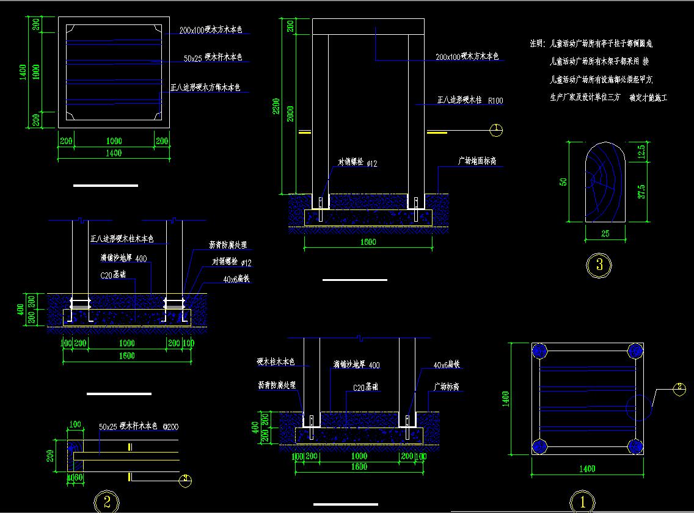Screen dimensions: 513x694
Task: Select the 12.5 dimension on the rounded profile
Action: point(640,150)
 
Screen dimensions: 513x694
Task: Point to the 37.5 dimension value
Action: point(640,191)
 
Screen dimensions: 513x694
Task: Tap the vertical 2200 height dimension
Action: point(276,110)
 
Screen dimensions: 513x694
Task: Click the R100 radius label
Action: point(495,101)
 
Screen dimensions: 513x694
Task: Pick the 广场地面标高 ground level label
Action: point(477,162)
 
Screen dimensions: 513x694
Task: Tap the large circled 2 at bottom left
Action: point(106,502)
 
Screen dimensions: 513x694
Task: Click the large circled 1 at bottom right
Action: point(581,503)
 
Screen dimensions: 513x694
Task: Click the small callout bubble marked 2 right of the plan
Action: point(679,388)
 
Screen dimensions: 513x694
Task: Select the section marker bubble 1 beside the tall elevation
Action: point(497,129)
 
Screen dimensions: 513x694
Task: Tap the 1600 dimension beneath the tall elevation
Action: point(368,242)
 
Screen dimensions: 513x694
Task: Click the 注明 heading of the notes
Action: point(537,44)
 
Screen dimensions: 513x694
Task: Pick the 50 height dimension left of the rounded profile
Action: point(564,181)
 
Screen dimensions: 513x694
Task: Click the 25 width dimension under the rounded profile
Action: point(605,233)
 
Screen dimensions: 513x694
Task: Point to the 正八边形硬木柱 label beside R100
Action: point(458,100)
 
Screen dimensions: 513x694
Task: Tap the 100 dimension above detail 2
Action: point(75,424)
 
